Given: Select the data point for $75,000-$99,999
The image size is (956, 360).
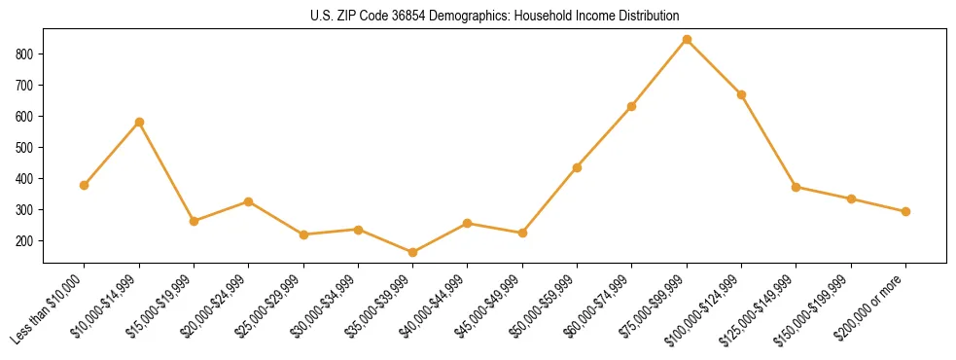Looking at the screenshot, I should click(x=687, y=40).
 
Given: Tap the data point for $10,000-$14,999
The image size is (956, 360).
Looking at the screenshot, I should click(x=139, y=122).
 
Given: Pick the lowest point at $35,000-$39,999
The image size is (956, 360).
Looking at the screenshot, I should click(x=412, y=252).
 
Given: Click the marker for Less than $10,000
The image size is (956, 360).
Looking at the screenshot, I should click(x=85, y=185).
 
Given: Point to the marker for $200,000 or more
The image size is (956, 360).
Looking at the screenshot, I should click(x=905, y=211).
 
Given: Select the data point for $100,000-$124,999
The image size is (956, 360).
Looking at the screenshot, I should click(x=741, y=94).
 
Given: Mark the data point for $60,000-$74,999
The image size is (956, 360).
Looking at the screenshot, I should click(x=632, y=106).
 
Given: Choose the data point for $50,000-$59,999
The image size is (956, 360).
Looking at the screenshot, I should click(x=577, y=167).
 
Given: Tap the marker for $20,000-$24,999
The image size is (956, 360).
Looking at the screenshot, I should click(x=248, y=201).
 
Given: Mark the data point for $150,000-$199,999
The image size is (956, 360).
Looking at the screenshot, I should click(x=851, y=198).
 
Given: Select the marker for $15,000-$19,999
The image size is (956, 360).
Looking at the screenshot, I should click(x=194, y=221).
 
